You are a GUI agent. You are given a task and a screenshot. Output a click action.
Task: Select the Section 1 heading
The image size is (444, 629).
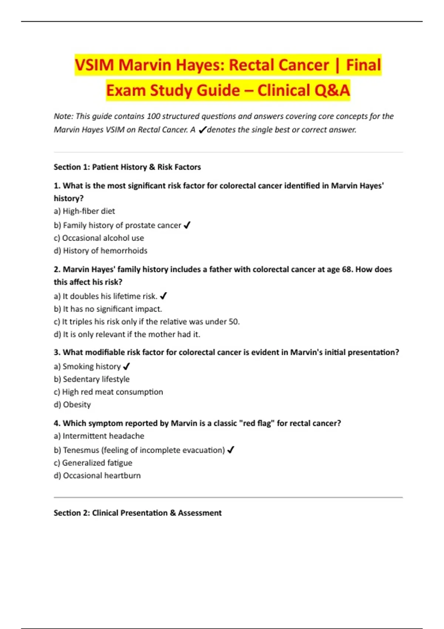[x=127, y=167]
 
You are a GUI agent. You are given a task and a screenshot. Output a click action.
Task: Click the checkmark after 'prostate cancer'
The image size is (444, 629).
[x=187, y=225]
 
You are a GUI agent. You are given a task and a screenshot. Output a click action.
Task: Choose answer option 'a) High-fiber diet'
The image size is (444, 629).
[x=84, y=211]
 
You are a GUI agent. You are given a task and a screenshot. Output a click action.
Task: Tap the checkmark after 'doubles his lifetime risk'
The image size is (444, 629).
[x=164, y=296]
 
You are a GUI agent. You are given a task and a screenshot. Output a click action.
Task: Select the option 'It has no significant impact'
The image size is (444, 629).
[x=108, y=309]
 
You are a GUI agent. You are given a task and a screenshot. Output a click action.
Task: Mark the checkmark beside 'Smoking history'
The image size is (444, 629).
[x=127, y=366]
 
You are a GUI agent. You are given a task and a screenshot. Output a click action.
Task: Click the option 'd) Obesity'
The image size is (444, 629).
[x=72, y=404]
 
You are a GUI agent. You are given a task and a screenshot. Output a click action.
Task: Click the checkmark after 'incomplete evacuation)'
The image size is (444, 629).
[x=231, y=450]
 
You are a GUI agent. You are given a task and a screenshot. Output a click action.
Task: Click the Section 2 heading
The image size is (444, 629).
[x=138, y=513]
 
